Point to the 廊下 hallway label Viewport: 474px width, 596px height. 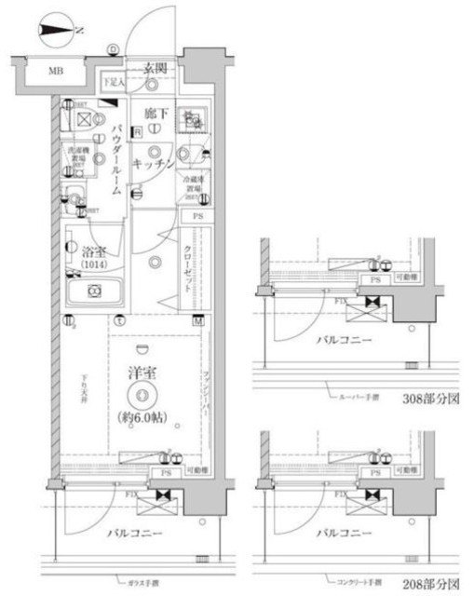coord(156,114)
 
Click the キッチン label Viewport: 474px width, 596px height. coord(150,163)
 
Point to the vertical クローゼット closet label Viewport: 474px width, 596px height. coord(188,270)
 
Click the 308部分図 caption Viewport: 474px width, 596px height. coord(431,399)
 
